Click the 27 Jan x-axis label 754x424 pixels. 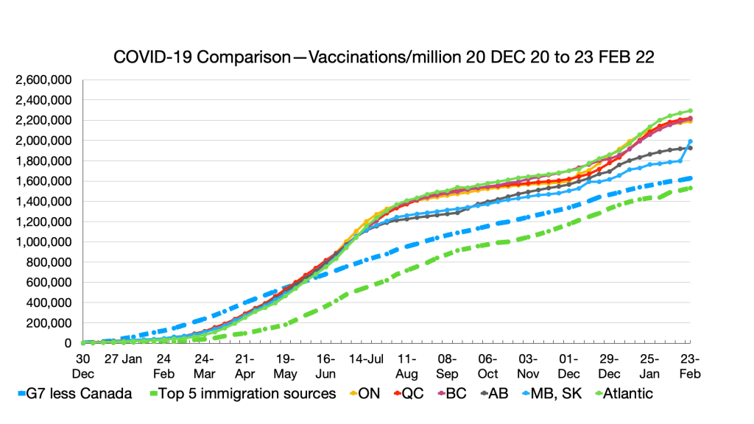(122, 359)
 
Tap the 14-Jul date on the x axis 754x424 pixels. (366, 359)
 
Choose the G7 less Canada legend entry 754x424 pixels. (74, 393)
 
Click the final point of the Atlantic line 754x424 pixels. (690, 111)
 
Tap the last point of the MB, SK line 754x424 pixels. (690, 141)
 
